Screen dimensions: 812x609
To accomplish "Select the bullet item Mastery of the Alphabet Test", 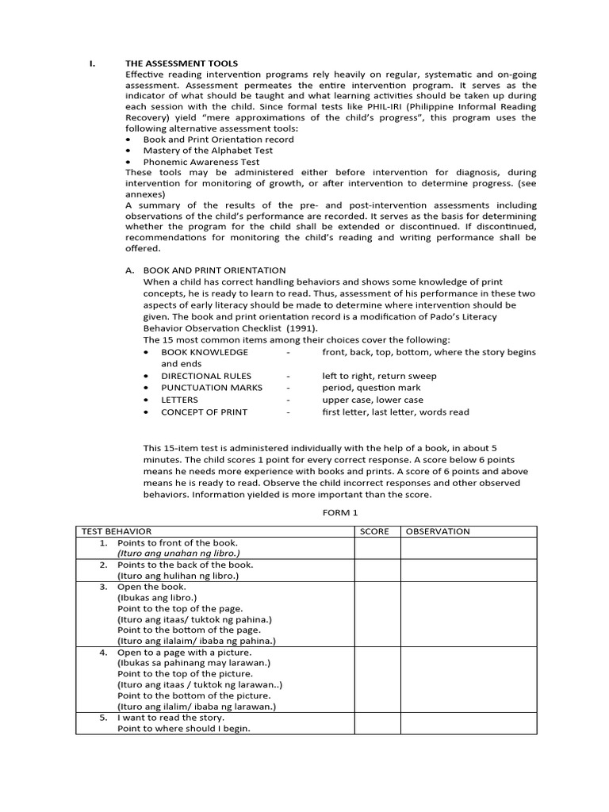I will pos(208,150).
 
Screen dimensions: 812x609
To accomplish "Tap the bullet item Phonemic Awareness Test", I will pos(201,161).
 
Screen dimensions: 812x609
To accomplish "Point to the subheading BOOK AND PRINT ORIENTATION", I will pos(214,270).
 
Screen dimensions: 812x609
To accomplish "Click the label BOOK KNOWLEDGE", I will pos(205,352).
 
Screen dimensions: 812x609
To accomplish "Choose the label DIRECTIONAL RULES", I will pos(206,376).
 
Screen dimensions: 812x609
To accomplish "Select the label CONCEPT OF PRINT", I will pos(205,412).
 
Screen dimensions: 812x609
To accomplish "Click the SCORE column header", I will pos(374,531).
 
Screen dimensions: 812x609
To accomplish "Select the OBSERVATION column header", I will pos(438,531).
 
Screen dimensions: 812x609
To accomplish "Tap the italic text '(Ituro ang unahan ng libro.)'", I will pos(178,553).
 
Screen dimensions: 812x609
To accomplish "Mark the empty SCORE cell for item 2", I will pos(377,569).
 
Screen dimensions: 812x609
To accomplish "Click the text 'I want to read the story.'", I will pos(171,718).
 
